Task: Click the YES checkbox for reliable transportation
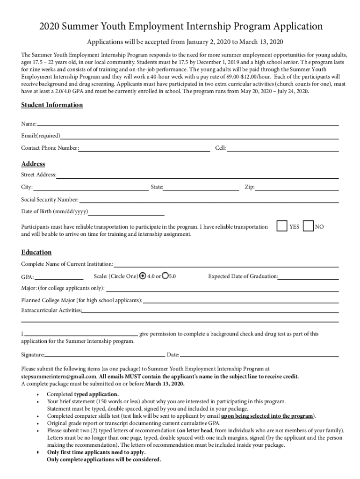281,226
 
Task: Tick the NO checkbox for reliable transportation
308,226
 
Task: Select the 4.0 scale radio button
143,276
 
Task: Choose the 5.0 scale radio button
165,276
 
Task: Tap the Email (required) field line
199,137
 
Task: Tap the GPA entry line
58,278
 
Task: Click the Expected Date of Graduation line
309,278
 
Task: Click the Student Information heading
52,105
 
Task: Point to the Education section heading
36,253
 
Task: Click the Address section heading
33,164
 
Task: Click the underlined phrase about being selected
267,416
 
